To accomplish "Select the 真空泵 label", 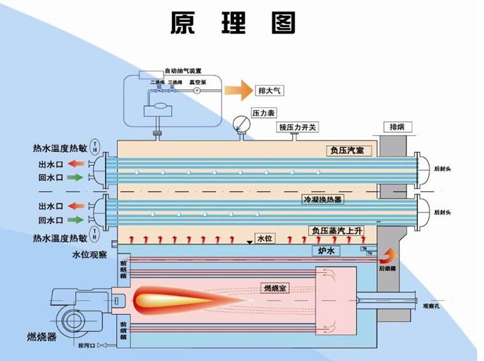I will click(198, 81).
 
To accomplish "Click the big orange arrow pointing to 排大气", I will click(238, 89).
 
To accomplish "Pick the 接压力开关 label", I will click(298, 127).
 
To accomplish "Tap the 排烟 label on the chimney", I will click(397, 127).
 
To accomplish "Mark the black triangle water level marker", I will click(248, 242).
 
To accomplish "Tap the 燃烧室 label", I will click(275, 288).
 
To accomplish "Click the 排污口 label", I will click(87, 346).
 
